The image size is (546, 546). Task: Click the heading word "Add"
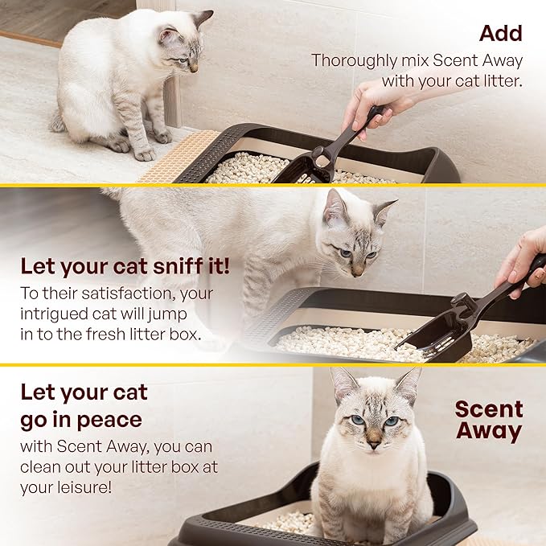[500, 33]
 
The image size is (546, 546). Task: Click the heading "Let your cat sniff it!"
[125, 266]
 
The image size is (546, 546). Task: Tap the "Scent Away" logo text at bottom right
[488, 420]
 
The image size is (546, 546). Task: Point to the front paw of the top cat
[145, 153]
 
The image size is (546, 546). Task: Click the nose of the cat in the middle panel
[357, 271]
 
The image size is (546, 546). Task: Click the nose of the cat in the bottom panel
[374, 441]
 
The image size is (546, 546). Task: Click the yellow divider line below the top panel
[273, 185]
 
